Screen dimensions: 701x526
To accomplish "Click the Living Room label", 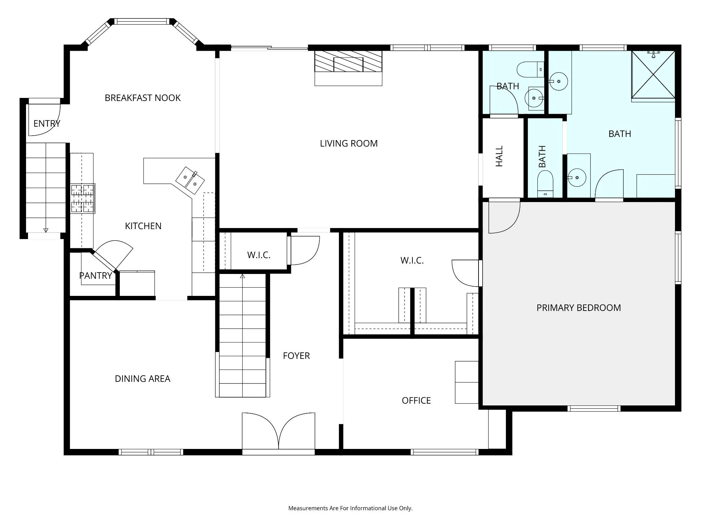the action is pyautogui.click(x=349, y=143).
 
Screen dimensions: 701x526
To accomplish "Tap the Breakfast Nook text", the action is pyautogui.click(x=143, y=98).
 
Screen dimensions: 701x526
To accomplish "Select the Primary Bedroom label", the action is pyautogui.click(x=579, y=308).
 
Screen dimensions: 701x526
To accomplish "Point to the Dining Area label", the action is pyautogui.click(x=143, y=379).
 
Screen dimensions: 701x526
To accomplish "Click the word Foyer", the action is pyautogui.click(x=296, y=356).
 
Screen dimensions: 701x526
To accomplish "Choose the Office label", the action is pyautogui.click(x=416, y=401).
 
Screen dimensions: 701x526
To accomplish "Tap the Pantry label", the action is pyautogui.click(x=95, y=276).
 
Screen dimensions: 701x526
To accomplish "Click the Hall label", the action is pyautogui.click(x=499, y=156).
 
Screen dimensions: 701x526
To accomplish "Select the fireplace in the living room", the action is pyautogui.click(x=348, y=68).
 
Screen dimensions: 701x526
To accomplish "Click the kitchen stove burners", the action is pyautogui.click(x=82, y=199).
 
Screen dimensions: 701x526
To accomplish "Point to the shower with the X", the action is pyautogui.click(x=653, y=74).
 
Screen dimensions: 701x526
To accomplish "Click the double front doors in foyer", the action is pyautogui.click(x=278, y=432).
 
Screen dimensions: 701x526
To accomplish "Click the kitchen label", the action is pyautogui.click(x=143, y=226).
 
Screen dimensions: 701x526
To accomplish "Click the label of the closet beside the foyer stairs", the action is pyautogui.click(x=259, y=255).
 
